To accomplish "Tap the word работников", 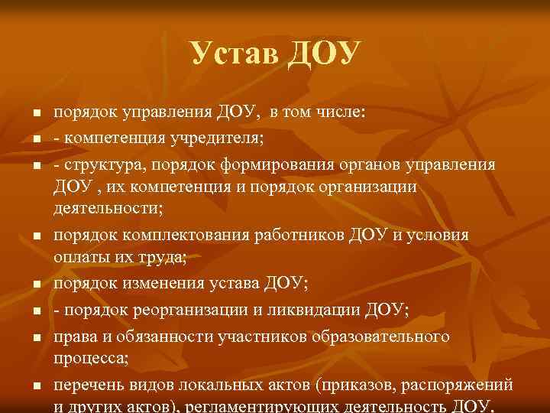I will pyautogui.click(x=297, y=236).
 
